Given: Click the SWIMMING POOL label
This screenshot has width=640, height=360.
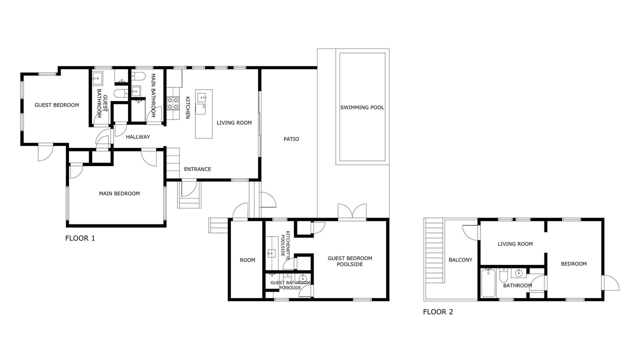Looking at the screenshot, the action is tap(362, 107).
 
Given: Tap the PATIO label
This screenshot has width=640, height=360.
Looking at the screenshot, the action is tap(291, 139).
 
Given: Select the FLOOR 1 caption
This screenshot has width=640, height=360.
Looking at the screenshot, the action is tap(80, 238).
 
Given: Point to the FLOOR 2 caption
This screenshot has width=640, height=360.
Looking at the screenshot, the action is tap(438, 311).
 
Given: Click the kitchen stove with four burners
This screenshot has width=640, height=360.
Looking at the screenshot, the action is tap(173, 103).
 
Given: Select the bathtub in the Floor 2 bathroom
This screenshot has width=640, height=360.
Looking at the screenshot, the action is tap(488, 283).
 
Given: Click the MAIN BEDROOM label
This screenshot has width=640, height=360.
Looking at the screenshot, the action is tap(119, 193).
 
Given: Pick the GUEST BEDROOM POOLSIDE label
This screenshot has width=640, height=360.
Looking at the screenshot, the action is tap(349, 261).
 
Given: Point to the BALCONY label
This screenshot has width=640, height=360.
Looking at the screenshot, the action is tap(460, 260).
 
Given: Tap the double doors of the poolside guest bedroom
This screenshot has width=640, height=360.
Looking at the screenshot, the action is tap(352, 212).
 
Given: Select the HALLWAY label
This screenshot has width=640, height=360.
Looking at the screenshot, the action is tap(137, 137).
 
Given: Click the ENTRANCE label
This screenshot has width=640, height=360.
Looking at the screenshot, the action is tap(197, 169).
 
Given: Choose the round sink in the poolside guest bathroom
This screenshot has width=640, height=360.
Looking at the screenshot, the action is tap(302, 278).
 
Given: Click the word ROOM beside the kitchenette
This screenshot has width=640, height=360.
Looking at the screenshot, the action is tap(247, 260).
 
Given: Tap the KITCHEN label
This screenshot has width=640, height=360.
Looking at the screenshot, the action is tap(187, 107).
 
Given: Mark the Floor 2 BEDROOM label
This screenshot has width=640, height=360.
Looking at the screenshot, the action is tap(573, 263).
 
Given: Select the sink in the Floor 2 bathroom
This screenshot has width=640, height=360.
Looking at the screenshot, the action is tap(518, 273).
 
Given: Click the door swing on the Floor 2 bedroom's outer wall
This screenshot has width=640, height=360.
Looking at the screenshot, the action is tap(610, 282).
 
